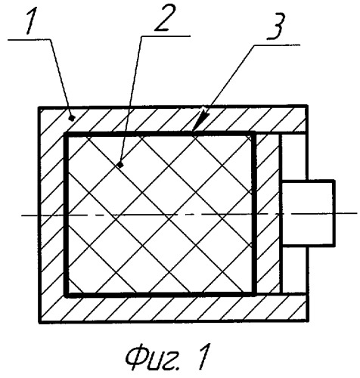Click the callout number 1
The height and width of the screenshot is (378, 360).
[32, 21]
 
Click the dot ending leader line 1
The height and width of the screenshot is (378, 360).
[73, 117]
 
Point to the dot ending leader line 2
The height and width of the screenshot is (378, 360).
[120, 165]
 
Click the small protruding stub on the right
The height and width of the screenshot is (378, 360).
[308, 213]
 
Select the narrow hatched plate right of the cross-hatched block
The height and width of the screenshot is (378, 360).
[268, 214]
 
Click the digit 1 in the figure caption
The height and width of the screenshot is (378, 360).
[202, 356]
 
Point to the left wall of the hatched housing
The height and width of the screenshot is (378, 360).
[51, 215]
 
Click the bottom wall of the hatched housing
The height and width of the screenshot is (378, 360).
[173, 308]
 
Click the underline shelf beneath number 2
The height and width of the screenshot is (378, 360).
[166, 36]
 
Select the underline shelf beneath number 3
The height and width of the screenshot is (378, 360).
[277, 45]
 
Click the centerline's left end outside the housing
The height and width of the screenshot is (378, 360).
[22, 215]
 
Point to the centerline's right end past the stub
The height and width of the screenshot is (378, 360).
[357, 213]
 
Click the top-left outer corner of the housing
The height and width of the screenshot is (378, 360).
[39, 107]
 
